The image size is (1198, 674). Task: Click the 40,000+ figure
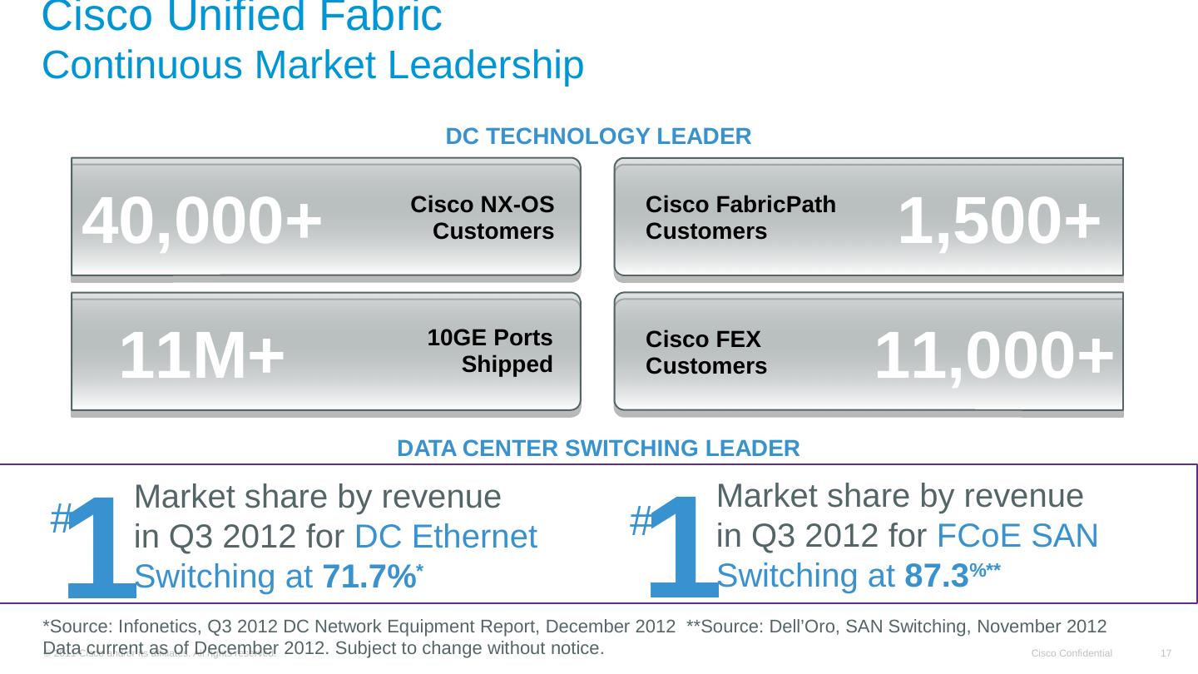(x=202, y=221)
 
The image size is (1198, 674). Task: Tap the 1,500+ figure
(x=999, y=221)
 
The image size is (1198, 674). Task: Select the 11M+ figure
(x=202, y=355)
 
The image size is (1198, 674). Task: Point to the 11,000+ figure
(x=993, y=355)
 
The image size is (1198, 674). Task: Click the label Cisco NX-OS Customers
(x=483, y=218)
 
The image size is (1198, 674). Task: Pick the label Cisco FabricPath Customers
(x=740, y=218)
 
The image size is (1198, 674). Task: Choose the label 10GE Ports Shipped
(x=490, y=351)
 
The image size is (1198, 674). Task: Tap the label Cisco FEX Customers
(x=706, y=353)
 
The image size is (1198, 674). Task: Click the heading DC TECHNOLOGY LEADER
(x=598, y=136)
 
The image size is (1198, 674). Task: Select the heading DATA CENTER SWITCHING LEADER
(x=598, y=449)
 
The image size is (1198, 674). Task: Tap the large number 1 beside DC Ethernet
(x=101, y=545)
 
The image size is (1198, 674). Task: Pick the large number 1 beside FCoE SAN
(x=684, y=545)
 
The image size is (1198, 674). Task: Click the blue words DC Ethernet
(x=445, y=538)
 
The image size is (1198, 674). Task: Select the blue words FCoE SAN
(x=1017, y=536)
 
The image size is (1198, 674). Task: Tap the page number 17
(x=1166, y=653)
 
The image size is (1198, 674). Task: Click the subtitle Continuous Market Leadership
(x=313, y=66)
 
